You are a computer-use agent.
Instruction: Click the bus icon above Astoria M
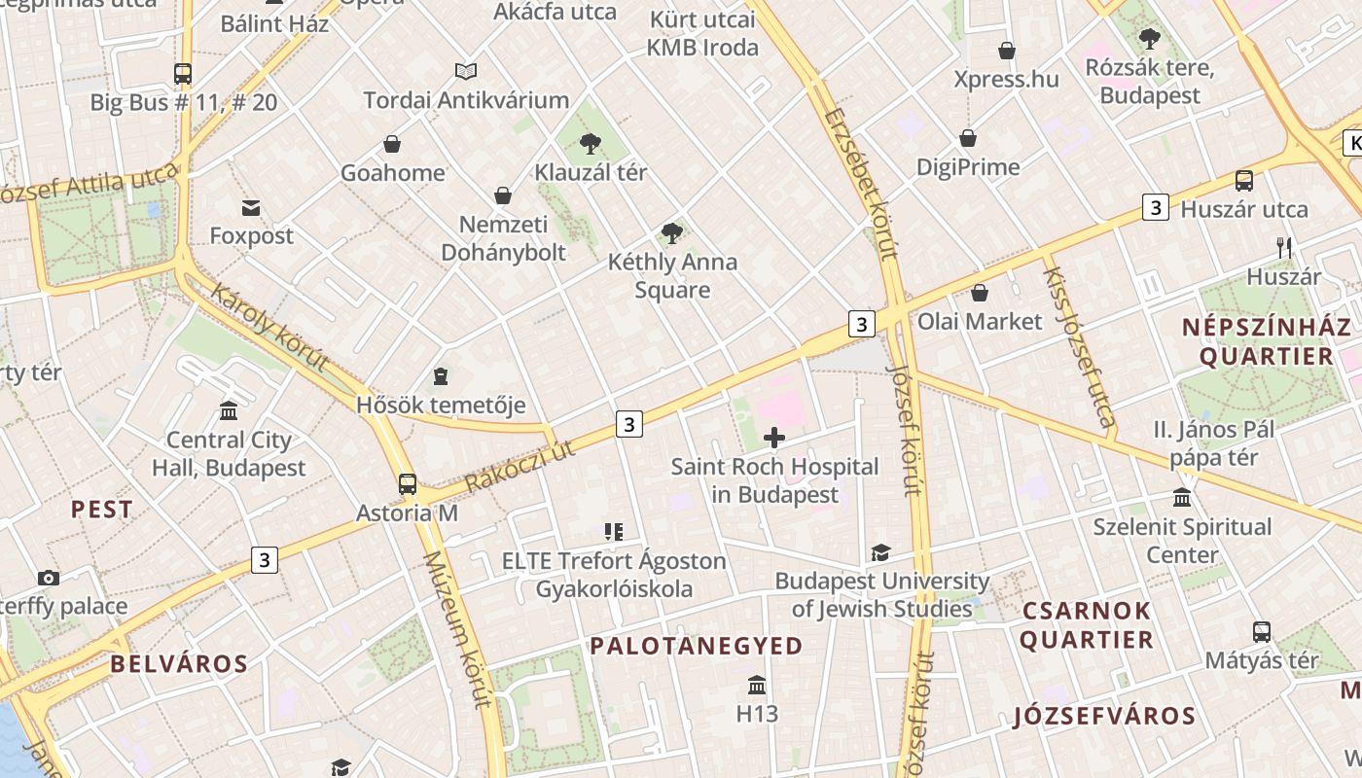408,483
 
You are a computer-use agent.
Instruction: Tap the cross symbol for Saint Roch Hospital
774,438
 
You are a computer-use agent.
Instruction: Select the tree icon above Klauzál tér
590,145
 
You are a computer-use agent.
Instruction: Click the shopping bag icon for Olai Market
980,293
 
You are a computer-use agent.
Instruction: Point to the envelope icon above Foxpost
252,207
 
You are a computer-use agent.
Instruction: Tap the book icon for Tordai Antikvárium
466,71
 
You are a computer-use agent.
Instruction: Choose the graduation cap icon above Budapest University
880,552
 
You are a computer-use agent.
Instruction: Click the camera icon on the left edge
49,578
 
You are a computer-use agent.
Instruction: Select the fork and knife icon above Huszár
1284,248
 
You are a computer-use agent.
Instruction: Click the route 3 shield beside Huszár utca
1155,207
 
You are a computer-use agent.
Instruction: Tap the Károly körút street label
269,328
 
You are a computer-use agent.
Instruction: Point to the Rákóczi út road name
520,465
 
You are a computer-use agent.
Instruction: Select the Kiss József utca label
1078,347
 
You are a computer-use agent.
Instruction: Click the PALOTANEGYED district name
697,646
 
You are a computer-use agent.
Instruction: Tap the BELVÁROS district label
179,664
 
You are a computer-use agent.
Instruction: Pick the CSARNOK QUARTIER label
1086,625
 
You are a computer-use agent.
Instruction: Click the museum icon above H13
757,685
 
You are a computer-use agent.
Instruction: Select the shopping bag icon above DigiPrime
968,139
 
